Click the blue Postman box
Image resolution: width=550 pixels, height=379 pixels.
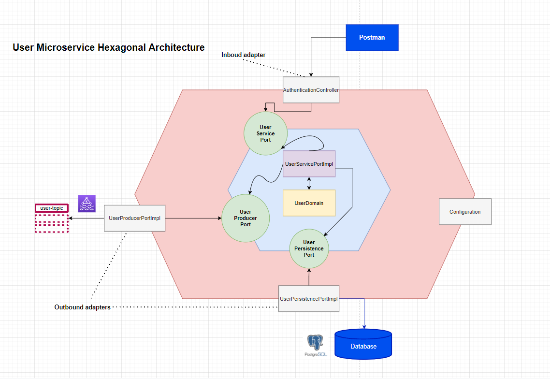point(372,37)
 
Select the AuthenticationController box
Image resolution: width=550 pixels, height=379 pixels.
point(311,90)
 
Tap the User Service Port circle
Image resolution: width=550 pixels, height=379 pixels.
point(265,133)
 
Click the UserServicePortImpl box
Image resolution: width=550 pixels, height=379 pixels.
point(309,164)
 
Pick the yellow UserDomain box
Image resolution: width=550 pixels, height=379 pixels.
point(309,203)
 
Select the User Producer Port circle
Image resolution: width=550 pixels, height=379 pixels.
point(246,218)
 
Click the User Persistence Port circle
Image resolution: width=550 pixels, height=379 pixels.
point(309,248)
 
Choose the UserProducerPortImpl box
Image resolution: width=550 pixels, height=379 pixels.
point(134,218)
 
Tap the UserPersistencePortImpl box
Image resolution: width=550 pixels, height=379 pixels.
point(309,299)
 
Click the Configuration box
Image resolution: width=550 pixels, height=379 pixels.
point(465,212)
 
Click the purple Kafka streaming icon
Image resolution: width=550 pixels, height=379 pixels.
point(87,204)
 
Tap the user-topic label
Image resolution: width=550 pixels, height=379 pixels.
point(52,208)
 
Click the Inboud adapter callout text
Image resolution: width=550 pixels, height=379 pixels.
point(243,55)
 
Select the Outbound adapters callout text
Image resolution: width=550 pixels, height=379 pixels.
point(82,307)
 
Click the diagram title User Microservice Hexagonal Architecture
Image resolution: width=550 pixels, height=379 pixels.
point(108,47)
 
